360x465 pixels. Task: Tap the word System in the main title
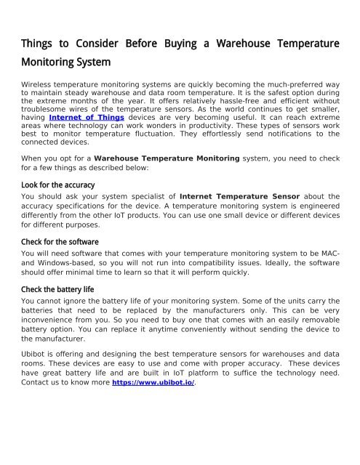(x=92, y=63)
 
